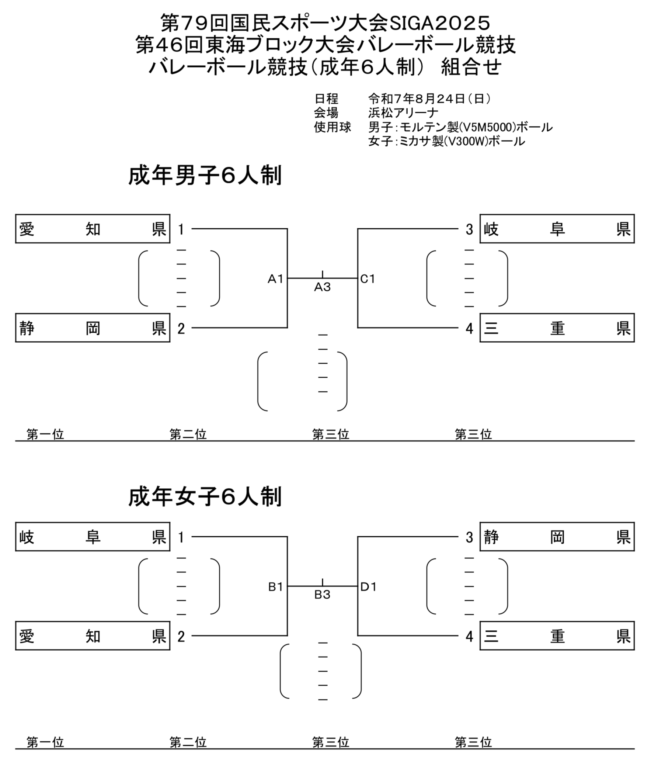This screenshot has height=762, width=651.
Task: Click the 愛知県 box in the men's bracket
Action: pyautogui.click(x=93, y=229)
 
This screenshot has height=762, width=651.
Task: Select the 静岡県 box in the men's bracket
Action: pyautogui.click(x=93, y=328)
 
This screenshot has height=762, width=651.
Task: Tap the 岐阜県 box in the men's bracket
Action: pyautogui.click(x=557, y=229)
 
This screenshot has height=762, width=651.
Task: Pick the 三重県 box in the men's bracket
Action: pyautogui.click(x=557, y=328)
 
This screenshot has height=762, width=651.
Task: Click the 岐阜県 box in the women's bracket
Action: pyautogui.click(x=93, y=537)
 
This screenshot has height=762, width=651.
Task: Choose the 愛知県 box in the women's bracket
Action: pyautogui.click(x=93, y=635)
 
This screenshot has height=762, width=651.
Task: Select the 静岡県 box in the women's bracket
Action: pyautogui.click(x=557, y=537)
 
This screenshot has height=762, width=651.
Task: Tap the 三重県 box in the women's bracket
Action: pyautogui.click(x=557, y=635)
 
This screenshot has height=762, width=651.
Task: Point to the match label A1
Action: pyautogui.click(x=275, y=279)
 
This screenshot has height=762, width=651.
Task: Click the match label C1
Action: pyautogui.click(x=368, y=279)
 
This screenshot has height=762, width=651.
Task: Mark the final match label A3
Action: pyautogui.click(x=322, y=287)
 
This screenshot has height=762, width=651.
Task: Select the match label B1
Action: pyautogui.click(x=275, y=586)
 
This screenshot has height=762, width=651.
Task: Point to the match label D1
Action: pyautogui.click(x=368, y=586)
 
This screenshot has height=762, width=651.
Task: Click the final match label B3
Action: pyautogui.click(x=322, y=595)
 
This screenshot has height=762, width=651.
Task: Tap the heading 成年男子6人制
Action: pyautogui.click(x=205, y=176)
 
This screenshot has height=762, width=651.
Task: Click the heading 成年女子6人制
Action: pyautogui.click(x=205, y=497)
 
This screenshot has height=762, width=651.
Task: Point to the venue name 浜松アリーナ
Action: pyautogui.click(x=404, y=112)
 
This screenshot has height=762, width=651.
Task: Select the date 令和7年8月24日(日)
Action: pyautogui.click(x=430, y=98)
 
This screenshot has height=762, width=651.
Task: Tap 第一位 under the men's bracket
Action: pyautogui.click(x=45, y=434)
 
